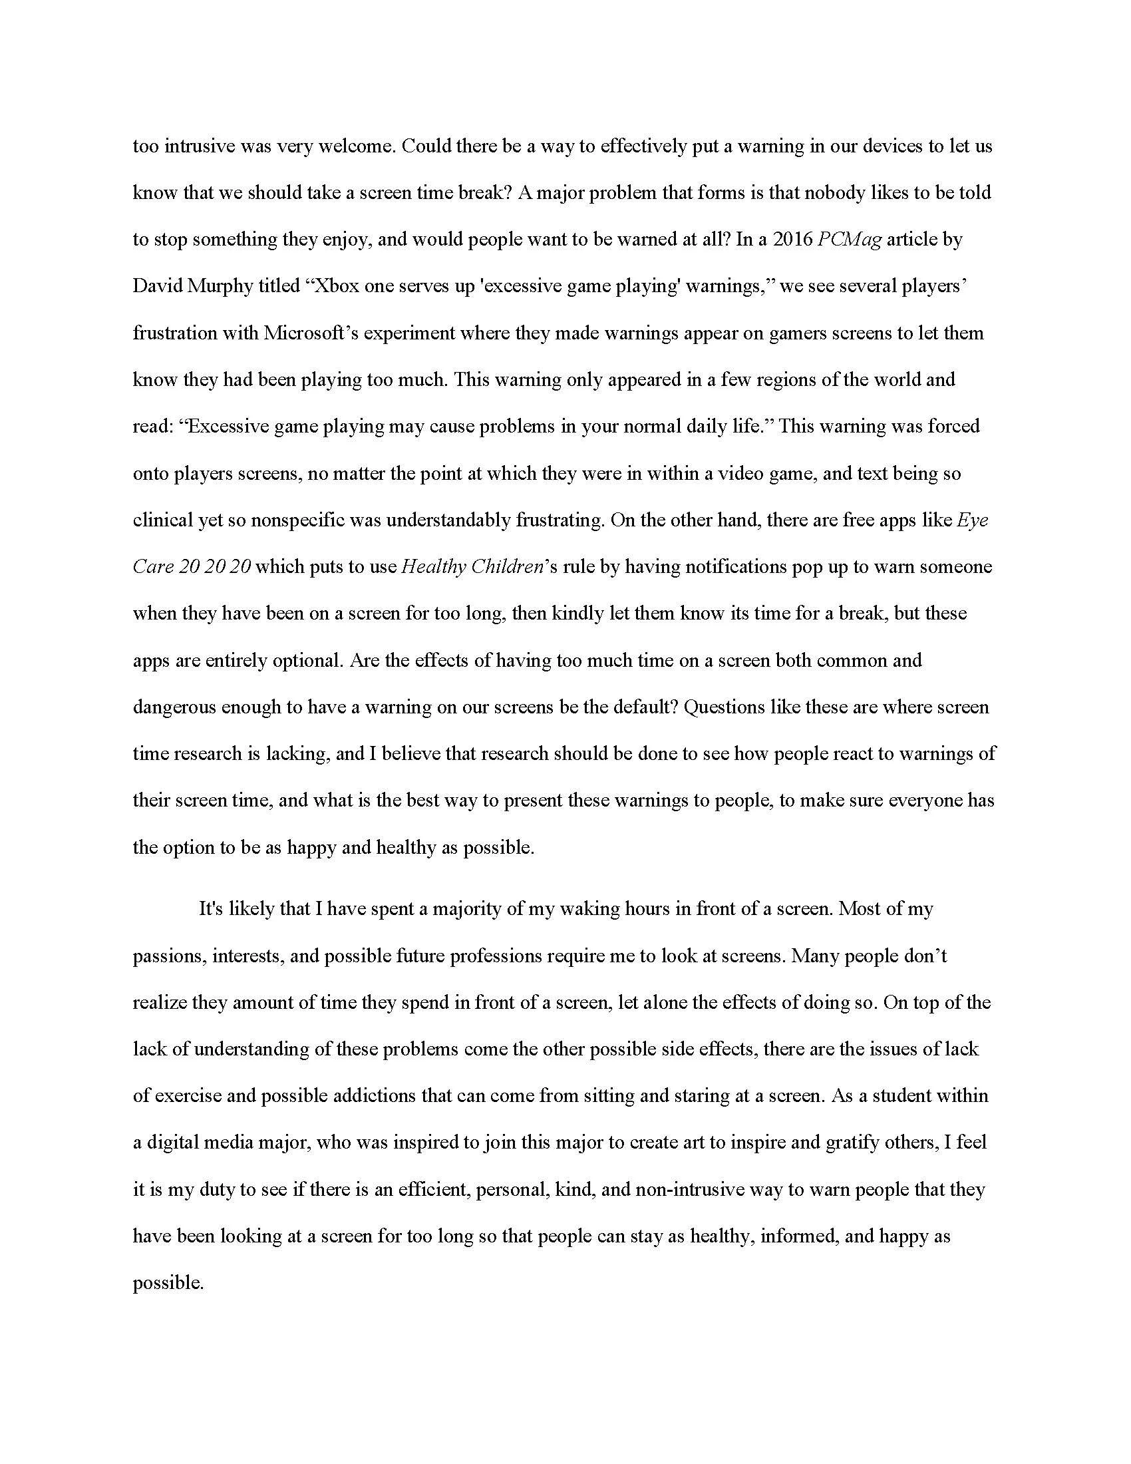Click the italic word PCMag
(850, 240)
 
